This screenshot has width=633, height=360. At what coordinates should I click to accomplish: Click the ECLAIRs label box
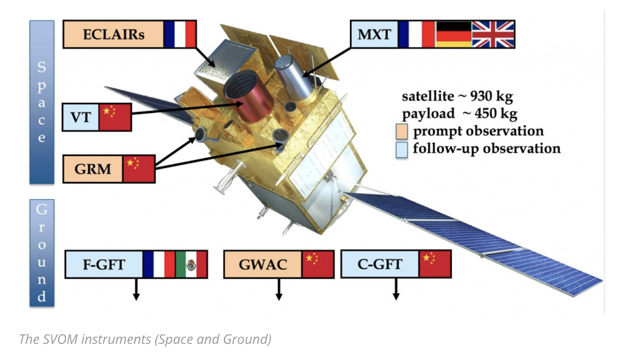[x=114, y=34]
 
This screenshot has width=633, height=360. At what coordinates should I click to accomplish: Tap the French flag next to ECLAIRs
[x=180, y=34]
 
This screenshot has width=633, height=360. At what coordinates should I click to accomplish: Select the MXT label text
[x=375, y=35]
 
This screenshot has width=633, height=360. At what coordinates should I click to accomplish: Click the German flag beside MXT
[x=453, y=34]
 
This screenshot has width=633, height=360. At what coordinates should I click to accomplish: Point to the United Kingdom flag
[x=493, y=34]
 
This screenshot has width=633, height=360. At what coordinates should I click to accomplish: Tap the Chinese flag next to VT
[x=115, y=117]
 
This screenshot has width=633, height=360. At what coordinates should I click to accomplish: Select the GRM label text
[x=93, y=169]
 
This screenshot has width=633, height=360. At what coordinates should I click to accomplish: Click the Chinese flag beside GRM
[x=139, y=169]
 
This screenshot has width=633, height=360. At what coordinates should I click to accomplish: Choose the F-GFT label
[x=104, y=265]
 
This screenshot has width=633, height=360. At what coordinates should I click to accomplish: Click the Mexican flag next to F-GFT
[x=191, y=265]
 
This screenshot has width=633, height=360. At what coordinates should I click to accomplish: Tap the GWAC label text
[x=263, y=265]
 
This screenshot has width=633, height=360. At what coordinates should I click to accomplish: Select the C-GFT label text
[x=380, y=265]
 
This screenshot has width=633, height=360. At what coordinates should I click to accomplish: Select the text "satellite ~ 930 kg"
[x=457, y=96]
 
